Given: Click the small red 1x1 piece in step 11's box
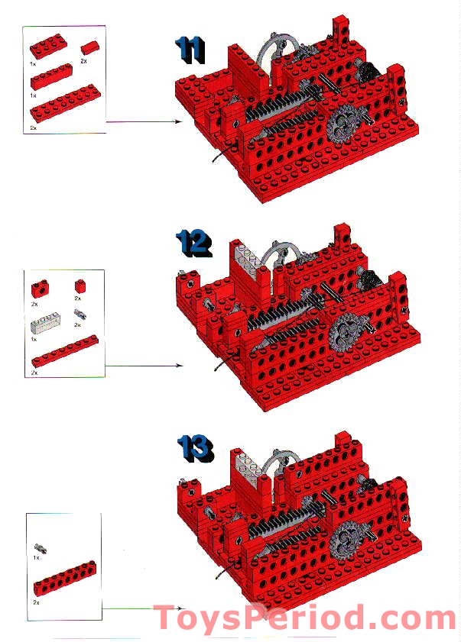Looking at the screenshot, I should pyautogui.click(x=89, y=48).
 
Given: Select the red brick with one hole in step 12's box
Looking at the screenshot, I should pyautogui.click(x=38, y=289).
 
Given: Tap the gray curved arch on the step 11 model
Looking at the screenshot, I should pyautogui.click(x=272, y=47).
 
